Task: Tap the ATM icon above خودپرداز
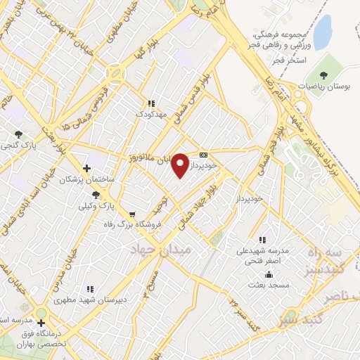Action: [204, 155]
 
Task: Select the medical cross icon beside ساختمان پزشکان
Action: [86, 168]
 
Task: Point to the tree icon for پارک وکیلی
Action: [96, 194]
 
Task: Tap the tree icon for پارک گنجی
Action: [18, 134]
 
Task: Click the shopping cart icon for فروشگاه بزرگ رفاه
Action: [134, 213]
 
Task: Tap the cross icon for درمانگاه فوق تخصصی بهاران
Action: [41, 323]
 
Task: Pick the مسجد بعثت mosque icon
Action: [269, 275]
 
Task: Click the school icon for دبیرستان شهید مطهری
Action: [89, 288]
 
